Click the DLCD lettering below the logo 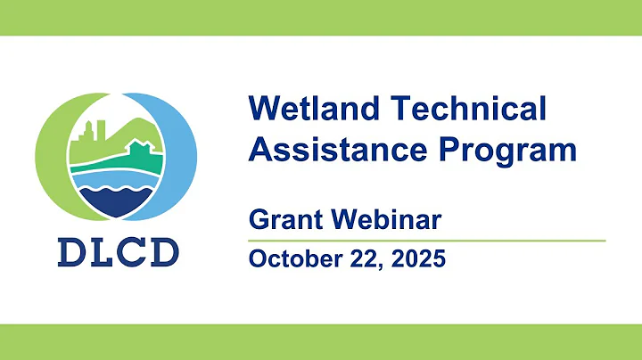118,253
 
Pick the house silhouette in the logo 141,150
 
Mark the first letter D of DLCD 74,253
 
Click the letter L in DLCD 104,253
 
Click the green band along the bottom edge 321,342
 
